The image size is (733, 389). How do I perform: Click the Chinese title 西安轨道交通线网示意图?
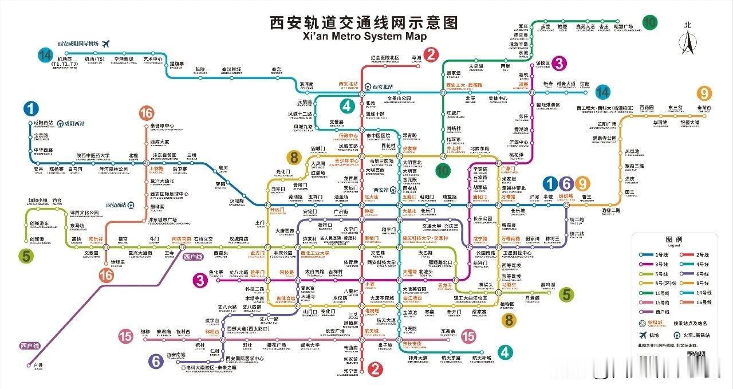(365, 22)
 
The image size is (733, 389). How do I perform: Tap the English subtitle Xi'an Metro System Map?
(365, 36)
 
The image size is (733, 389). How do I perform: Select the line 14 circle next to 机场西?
(45, 55)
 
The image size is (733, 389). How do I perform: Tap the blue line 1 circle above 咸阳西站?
(31, 108)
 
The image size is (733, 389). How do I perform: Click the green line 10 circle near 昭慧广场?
(649, 22)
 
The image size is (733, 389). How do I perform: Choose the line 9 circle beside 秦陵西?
(704, 93)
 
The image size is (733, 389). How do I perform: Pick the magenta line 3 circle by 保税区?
(559, 64)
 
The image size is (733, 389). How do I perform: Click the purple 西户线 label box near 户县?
(30, 345)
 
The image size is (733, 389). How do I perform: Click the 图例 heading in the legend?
(673, 239)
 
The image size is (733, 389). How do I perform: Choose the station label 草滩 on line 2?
(416, 58)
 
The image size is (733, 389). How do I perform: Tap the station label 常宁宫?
(350, 371)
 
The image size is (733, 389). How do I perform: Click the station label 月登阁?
(533, 298)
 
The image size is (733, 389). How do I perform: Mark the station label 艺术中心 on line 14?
(153, 59)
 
